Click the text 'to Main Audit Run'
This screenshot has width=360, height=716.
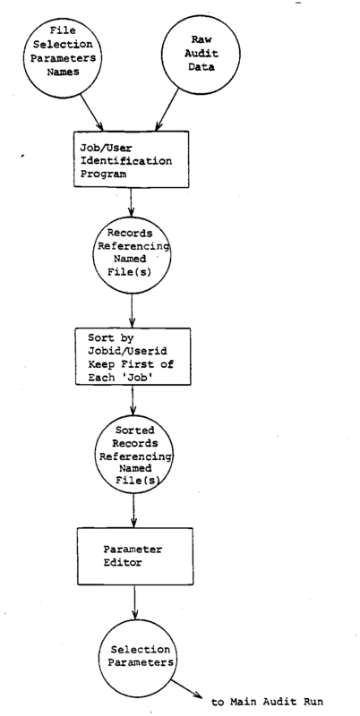267,702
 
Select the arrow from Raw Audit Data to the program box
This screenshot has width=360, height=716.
167,109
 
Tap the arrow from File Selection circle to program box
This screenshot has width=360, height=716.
92,112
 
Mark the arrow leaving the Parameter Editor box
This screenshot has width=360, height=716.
134,602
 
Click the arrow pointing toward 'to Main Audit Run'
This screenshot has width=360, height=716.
186,688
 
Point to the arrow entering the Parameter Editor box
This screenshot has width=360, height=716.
133,510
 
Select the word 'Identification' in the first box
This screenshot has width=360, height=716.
126,161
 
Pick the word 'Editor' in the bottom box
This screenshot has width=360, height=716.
122,563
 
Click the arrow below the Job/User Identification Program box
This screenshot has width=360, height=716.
131,202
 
